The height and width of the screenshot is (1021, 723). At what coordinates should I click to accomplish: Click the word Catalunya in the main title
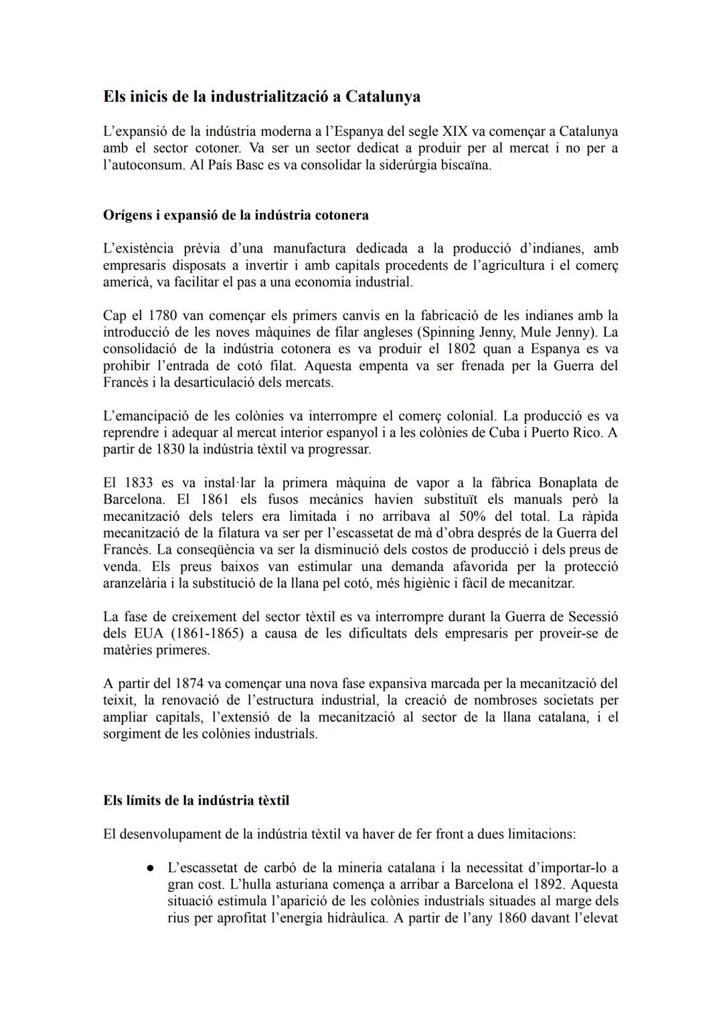(x=383, y=97)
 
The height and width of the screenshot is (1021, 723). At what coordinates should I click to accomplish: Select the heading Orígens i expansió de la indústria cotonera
(x=236, y=216)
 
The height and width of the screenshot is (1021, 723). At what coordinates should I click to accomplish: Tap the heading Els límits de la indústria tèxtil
(x=196, y=800)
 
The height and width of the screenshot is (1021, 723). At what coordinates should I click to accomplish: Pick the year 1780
(x=162, y=315)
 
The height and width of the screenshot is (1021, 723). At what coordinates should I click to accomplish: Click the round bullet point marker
(x=151, y=868)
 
